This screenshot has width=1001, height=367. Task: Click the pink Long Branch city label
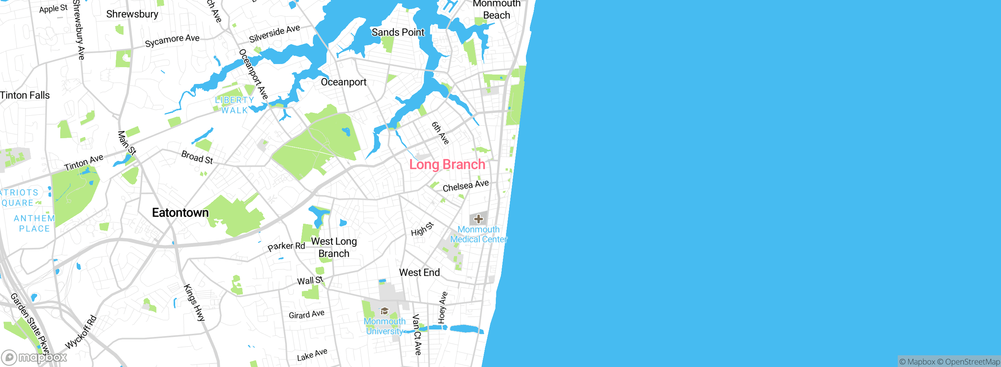click(447, 165)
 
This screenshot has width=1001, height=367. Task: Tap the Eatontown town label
click(180, 213)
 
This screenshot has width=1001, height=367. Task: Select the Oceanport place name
click(344, 82)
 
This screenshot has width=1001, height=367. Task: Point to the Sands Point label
click(398, 32)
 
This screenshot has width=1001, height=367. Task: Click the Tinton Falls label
click(25, 95)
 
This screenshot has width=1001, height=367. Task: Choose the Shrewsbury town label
click(132, 14)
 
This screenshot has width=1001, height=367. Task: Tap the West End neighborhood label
click(419, 273)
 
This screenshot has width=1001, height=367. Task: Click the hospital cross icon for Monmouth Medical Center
click(478, 219)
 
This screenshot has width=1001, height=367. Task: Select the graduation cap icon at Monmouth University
click(384, 311)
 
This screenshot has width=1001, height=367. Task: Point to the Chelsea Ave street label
click(465, 186)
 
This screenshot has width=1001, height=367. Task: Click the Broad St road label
click(197, 157)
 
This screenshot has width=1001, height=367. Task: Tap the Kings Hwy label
click(194, 303)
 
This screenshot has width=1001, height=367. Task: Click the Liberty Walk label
click(235, 105)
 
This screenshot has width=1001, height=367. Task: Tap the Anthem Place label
click(34, 223)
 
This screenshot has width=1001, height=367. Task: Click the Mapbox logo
click(34, 357)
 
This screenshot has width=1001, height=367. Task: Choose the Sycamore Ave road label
click(172, 40)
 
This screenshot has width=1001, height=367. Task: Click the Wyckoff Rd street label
click(81, 332)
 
